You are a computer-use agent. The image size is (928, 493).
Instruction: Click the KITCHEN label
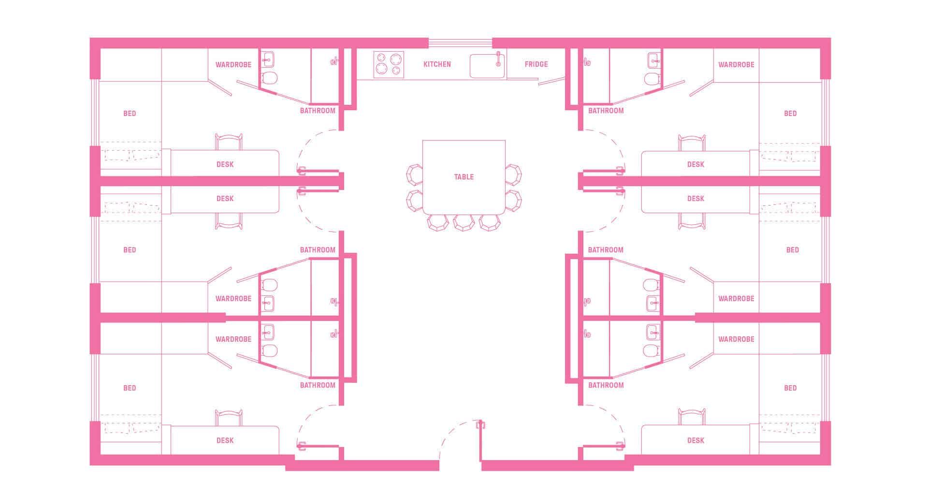point(437,64)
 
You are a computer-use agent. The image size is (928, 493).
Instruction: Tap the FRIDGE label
point(536,64)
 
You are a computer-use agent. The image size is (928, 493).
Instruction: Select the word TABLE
point(464,177)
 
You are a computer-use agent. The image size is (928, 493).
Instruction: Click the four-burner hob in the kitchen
point(389,64)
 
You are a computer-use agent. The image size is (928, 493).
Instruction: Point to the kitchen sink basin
point(487,66)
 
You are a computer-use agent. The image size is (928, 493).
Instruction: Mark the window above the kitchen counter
point(460,43)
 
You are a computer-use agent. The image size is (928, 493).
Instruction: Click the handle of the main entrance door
point(480,425)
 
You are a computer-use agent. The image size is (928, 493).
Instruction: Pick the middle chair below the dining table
point(464,222)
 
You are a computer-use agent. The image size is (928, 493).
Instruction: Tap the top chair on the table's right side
point(513,174)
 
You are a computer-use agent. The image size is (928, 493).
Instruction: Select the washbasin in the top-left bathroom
point(267,60)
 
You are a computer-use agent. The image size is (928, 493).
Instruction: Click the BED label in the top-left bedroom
point(130,114)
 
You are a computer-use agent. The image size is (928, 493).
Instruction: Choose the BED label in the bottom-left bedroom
point(130,388)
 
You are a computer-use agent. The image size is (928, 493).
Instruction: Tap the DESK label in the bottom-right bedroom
point(696,440)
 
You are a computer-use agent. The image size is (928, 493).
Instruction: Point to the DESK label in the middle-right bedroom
point(696,199)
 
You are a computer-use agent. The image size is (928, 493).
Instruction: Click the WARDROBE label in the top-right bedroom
point(736,64)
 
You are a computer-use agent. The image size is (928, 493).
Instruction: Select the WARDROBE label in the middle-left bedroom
point(233,299)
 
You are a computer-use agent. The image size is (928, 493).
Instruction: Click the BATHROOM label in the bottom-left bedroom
point(318,385)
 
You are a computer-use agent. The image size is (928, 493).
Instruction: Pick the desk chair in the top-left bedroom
point(229,142)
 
